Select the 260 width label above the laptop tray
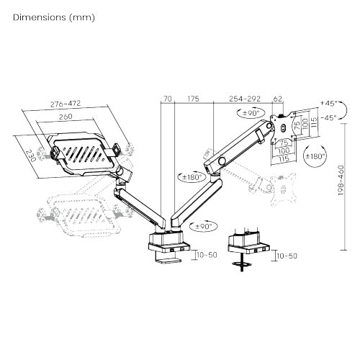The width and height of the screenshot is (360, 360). click(x=66, y=117)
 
